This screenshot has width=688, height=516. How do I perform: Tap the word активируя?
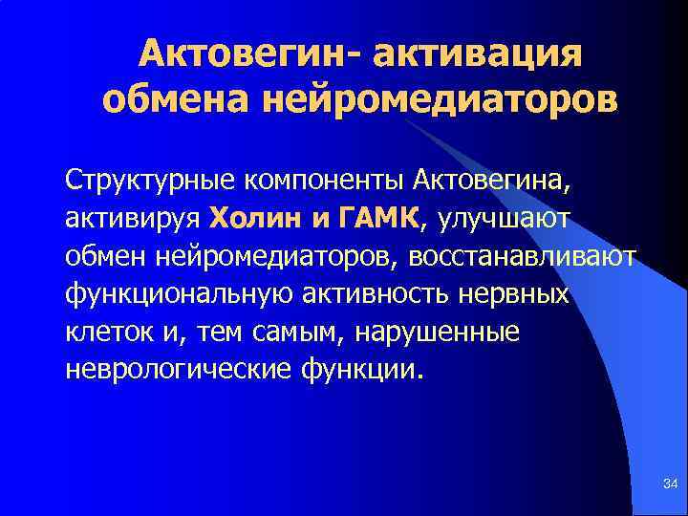132,218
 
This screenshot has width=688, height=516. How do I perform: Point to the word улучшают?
505,218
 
